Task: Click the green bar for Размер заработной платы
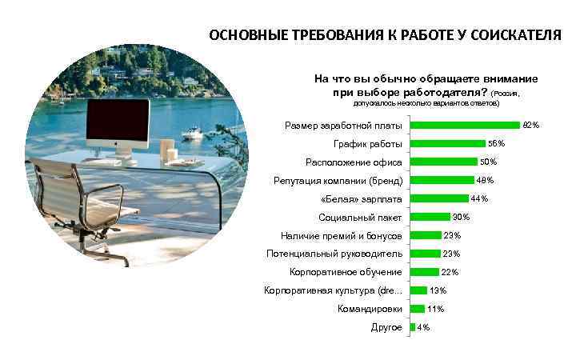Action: click(464, 126)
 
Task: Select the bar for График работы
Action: click(447, 144)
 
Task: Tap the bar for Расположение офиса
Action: click(443, 162)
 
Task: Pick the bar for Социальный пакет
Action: click(430, 217)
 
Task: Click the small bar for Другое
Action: click(413, 327)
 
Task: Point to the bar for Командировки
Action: click(417, 309)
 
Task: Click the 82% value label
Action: click(531, 126)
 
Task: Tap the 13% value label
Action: click(438, 290)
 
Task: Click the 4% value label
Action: click(424, 327)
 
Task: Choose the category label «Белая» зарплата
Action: click(361, 198)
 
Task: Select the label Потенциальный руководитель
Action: click(334, 254)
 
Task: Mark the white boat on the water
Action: click(192, 133)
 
